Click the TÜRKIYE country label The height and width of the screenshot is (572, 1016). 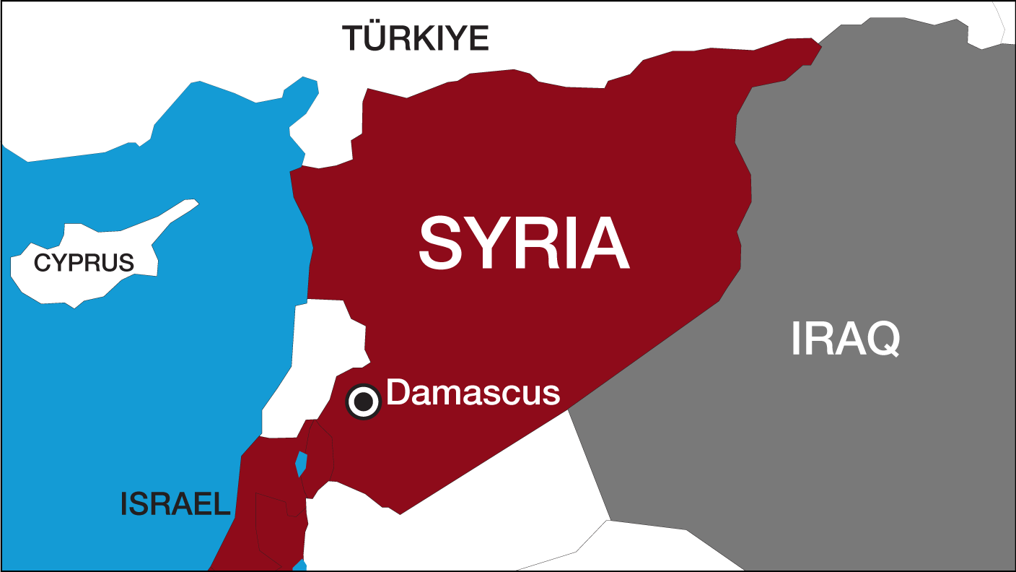[x=415, y=38]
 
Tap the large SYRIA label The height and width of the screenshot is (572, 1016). [x=524, y=244]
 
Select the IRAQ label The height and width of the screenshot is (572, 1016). [x=845, y=339]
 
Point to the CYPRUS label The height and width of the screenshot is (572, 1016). [x=84, y=263]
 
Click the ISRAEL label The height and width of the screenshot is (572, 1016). [x=175, y=503]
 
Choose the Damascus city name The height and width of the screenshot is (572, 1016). [x=473, y=394]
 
